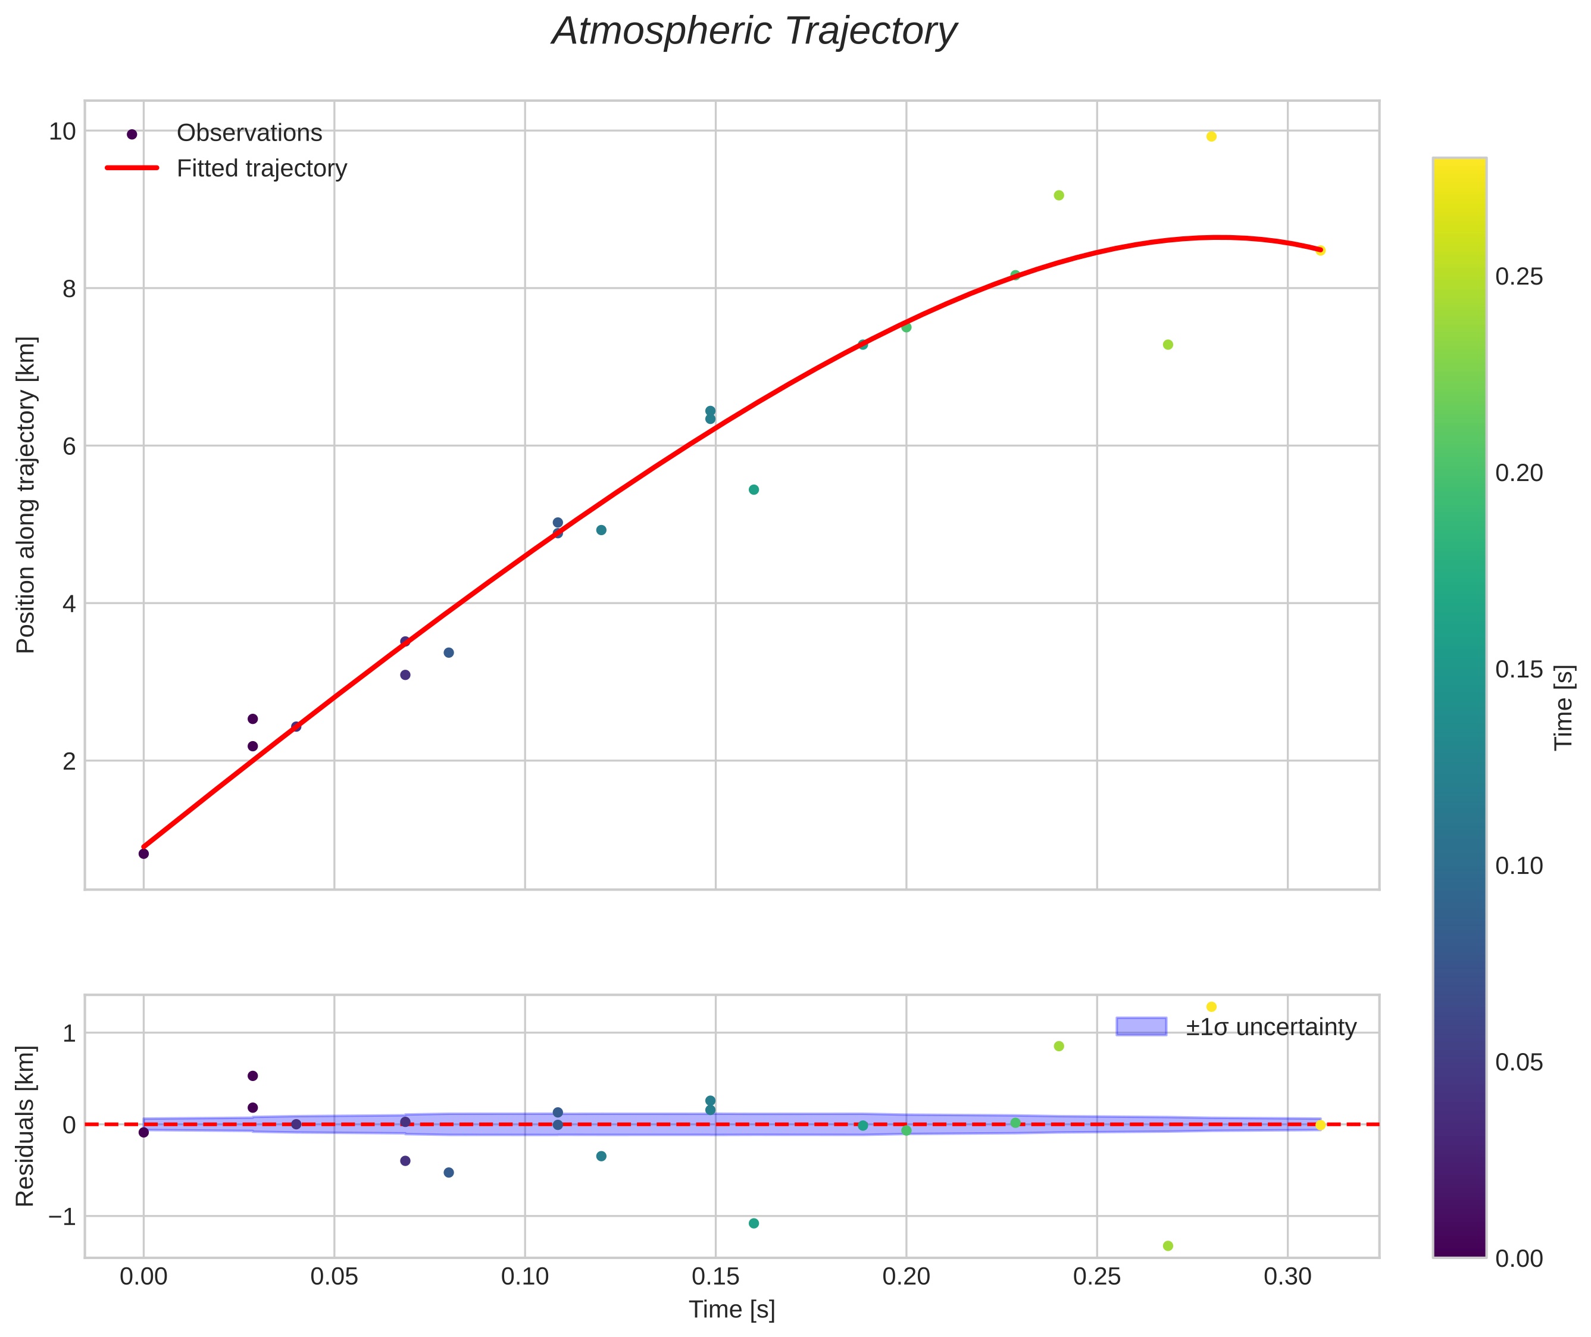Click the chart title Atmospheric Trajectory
[x=754, y=32]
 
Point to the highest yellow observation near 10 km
[x=1211, y=136]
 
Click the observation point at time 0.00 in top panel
[x=143, y=854]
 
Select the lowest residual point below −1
[x=1168, y=1246]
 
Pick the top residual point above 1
[x=1211, y=1007]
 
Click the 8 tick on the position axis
[x=68, y=289]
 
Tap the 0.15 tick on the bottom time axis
[x=715, y=1277]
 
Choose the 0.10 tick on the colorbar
[x=1519, y=866]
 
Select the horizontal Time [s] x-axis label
[x=732, y=1310]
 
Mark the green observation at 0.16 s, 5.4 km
[x=754, y=490]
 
